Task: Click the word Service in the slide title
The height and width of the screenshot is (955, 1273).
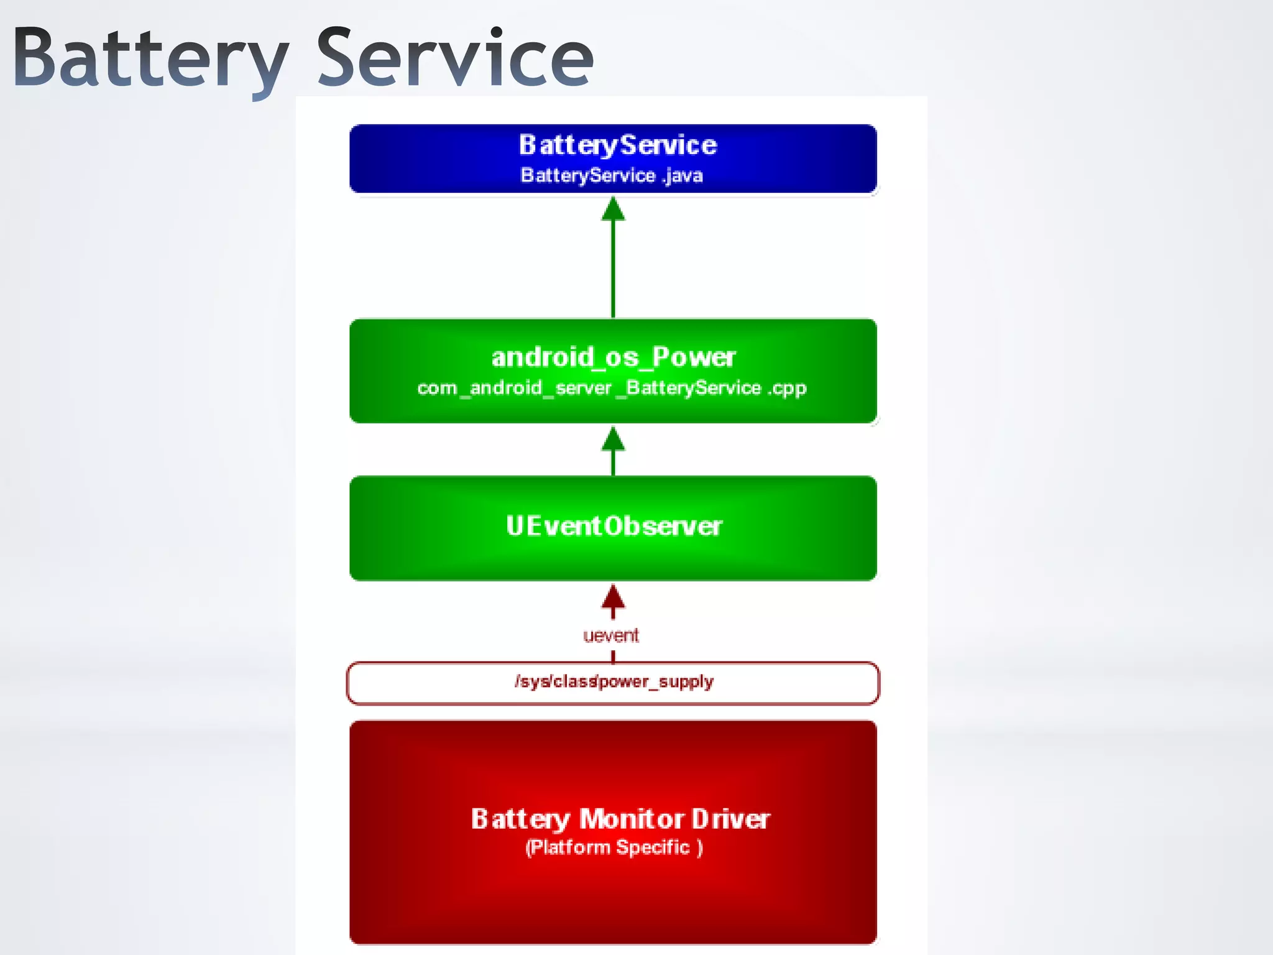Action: pos(455,59)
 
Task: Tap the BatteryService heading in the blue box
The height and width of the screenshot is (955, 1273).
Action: pos(618,145)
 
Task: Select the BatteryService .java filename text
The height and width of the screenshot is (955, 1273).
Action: pos(612,175)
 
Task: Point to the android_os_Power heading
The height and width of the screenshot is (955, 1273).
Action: pos(614,357)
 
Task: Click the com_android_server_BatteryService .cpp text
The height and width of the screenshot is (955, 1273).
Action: pos(612,388)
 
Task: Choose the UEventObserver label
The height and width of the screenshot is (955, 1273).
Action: pos(614,526)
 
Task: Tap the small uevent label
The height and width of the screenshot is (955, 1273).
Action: pos(611,635)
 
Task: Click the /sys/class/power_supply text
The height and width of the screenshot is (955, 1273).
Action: pos(614,682)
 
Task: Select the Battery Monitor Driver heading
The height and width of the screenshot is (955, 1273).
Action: pos(620,819)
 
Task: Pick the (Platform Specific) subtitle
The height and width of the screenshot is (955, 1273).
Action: pos(614,847)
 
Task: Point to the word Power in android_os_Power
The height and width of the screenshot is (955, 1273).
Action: pos(694,357)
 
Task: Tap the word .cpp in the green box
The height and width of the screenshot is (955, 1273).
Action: pos(787,389)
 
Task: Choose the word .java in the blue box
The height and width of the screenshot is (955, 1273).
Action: pos(683,176)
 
